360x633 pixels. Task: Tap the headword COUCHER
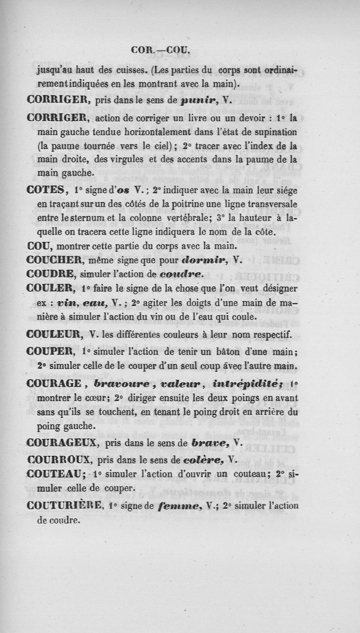tap(54, 260)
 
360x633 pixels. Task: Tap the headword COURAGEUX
tap(63, 443)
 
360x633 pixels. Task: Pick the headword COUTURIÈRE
tap(65, 506)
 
